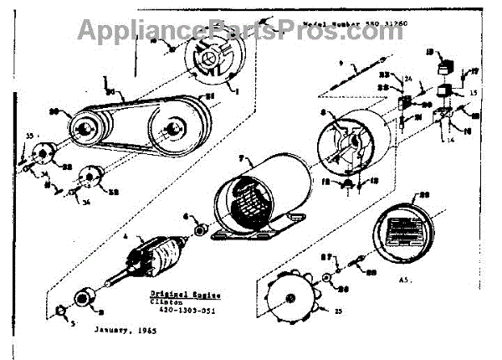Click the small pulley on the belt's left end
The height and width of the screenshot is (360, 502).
(85, 129)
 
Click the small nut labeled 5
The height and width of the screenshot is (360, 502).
(59, 315)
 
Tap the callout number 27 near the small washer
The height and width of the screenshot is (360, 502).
(329, 256)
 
